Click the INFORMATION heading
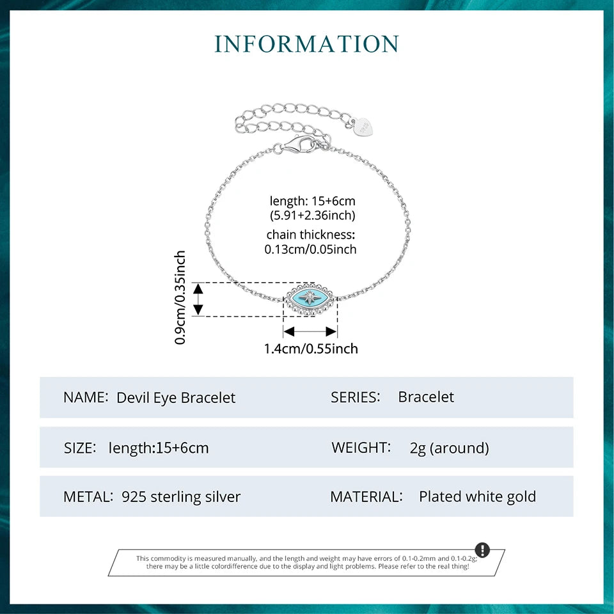pyautogui.click(x=307, y=43)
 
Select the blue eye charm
pyautogui.click(x=310, y=298)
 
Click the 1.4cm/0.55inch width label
pyautogui.click(x=311, y=349)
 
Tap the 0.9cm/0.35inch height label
pyautogui.click(x=180, y=297)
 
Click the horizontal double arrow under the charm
pyautogui.click(x=310, y=331)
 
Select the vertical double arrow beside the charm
pyautogui.click(x=198, y=298)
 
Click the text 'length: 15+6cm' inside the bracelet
pyautogui.click(x=312, y=201)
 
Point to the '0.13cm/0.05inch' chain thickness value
pyautogui.click(x=310, y=249)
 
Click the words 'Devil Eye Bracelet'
pyautogui.click(x=176, y=397)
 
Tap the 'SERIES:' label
pyautogui.click(x=356, y=397)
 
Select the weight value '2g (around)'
pyautogui.click(x=449, y=448)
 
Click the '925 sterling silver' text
pyautogui.click(x=181, y=496)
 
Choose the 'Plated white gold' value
pyautogui.click(x=477, y=496)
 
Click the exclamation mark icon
pyautogui.click(x=482, y=550)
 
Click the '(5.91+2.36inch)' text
pyautogui.click(x=312, y=216)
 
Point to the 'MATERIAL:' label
pyautogui.click(x=366, y=496)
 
